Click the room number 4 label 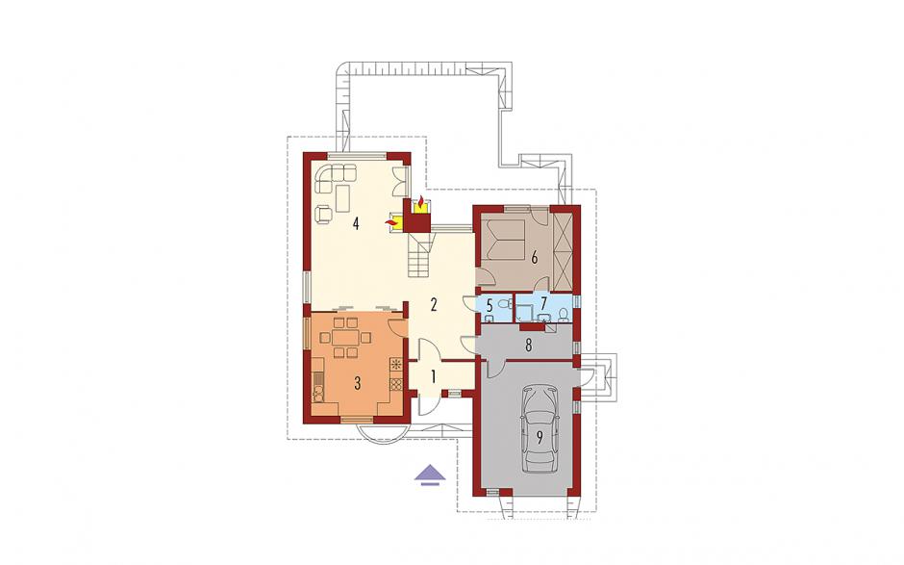pyautogui.click(x=356, y=223)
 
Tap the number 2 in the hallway pyautogui.click(x=434, y=305)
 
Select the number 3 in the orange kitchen pyautogui.click(x=358, y=383)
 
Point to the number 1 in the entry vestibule pyautogui.click(x=433, y=376)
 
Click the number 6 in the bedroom pyautogui.click(x=535, y=257)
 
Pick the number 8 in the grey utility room pyautogui.click(x=528, y=346)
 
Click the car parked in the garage pyautogui.click(x=540, y=428)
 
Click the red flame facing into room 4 pyautogui.click(x=391, y=222)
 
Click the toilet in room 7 pyautogui.click(x=564, y=314)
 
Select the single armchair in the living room pyautogui.click(x=325, y=213)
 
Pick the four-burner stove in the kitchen pyautogui.click(x=396, y=384)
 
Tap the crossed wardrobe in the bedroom pyautogui.click(x=563, y=251)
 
